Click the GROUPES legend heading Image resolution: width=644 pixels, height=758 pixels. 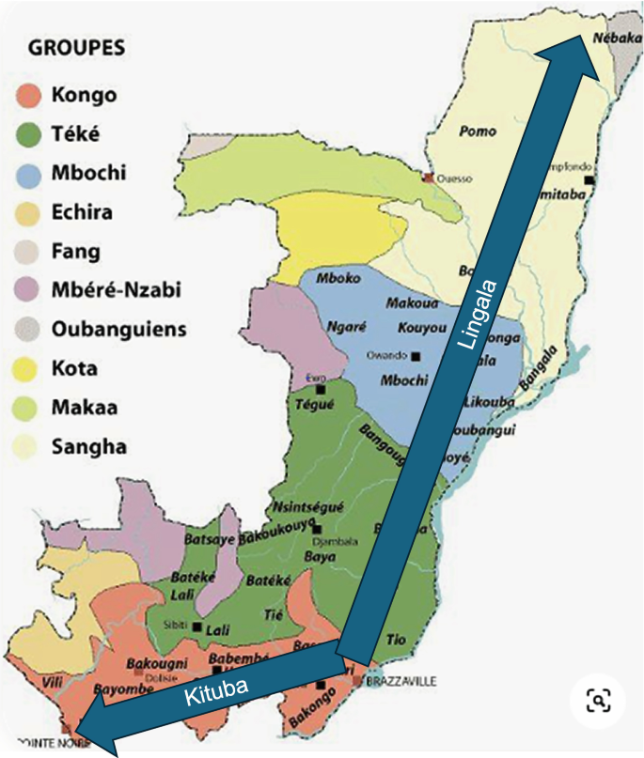click(x=76, y=46)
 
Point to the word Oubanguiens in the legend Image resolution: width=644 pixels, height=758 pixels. click(x=119, y=330)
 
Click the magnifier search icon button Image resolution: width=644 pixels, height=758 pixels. click(x=598, y=700)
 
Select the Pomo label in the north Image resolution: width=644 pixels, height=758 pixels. click(x=478, y=131)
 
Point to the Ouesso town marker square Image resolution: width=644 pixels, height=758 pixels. click(x=428, y=177)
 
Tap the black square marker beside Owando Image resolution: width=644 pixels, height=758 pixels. click(x=416, y=356)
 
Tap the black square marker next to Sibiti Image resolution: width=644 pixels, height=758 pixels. click(x=197, y=627)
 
